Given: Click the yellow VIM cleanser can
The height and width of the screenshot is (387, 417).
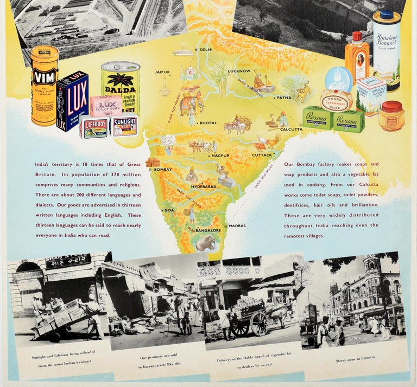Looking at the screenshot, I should (x=44, y=85).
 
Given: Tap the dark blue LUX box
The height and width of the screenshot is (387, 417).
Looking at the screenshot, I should (x=72, y=101).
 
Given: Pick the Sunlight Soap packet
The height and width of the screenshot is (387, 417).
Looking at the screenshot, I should (x=125, y=125).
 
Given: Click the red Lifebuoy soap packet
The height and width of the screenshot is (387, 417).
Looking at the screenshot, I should (x=95, y=128).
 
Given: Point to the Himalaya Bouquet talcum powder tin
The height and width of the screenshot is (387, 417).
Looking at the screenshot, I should (x=386, y=49).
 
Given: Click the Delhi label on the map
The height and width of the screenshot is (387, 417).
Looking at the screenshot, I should (x=206, y=49).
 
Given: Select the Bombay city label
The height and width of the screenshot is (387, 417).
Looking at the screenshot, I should (x=162, y=170).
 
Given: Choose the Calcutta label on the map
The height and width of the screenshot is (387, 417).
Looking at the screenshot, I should (x=292, y=130).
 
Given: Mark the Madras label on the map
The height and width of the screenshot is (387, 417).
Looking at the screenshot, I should (x=237, y=225).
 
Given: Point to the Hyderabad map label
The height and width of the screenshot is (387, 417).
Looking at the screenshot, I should (x=204, y=186).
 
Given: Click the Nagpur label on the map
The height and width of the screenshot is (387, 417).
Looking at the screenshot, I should (x=220, y=156).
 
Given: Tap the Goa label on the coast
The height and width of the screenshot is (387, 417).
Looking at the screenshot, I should (x=169, y=210).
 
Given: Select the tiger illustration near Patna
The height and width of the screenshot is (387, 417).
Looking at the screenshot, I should (x=302, y=92).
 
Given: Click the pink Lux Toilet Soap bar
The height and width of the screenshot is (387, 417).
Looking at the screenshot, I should (x=105, y=106).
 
